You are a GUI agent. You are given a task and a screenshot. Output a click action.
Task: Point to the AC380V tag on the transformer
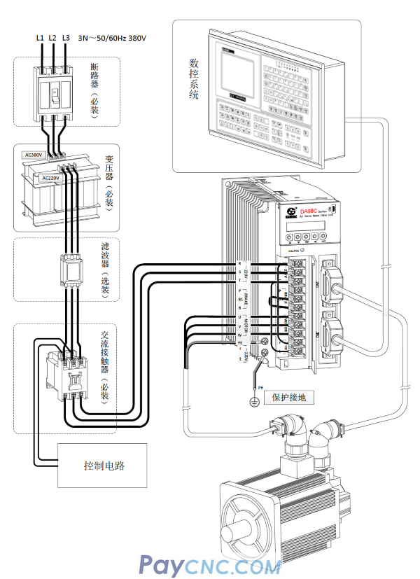pos(34,155)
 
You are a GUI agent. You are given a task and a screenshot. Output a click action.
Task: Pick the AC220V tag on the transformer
pos(50,178)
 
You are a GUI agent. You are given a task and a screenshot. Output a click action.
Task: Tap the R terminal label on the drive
pos(239,263)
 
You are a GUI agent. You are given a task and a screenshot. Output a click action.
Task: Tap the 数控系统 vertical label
pos(194,78)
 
